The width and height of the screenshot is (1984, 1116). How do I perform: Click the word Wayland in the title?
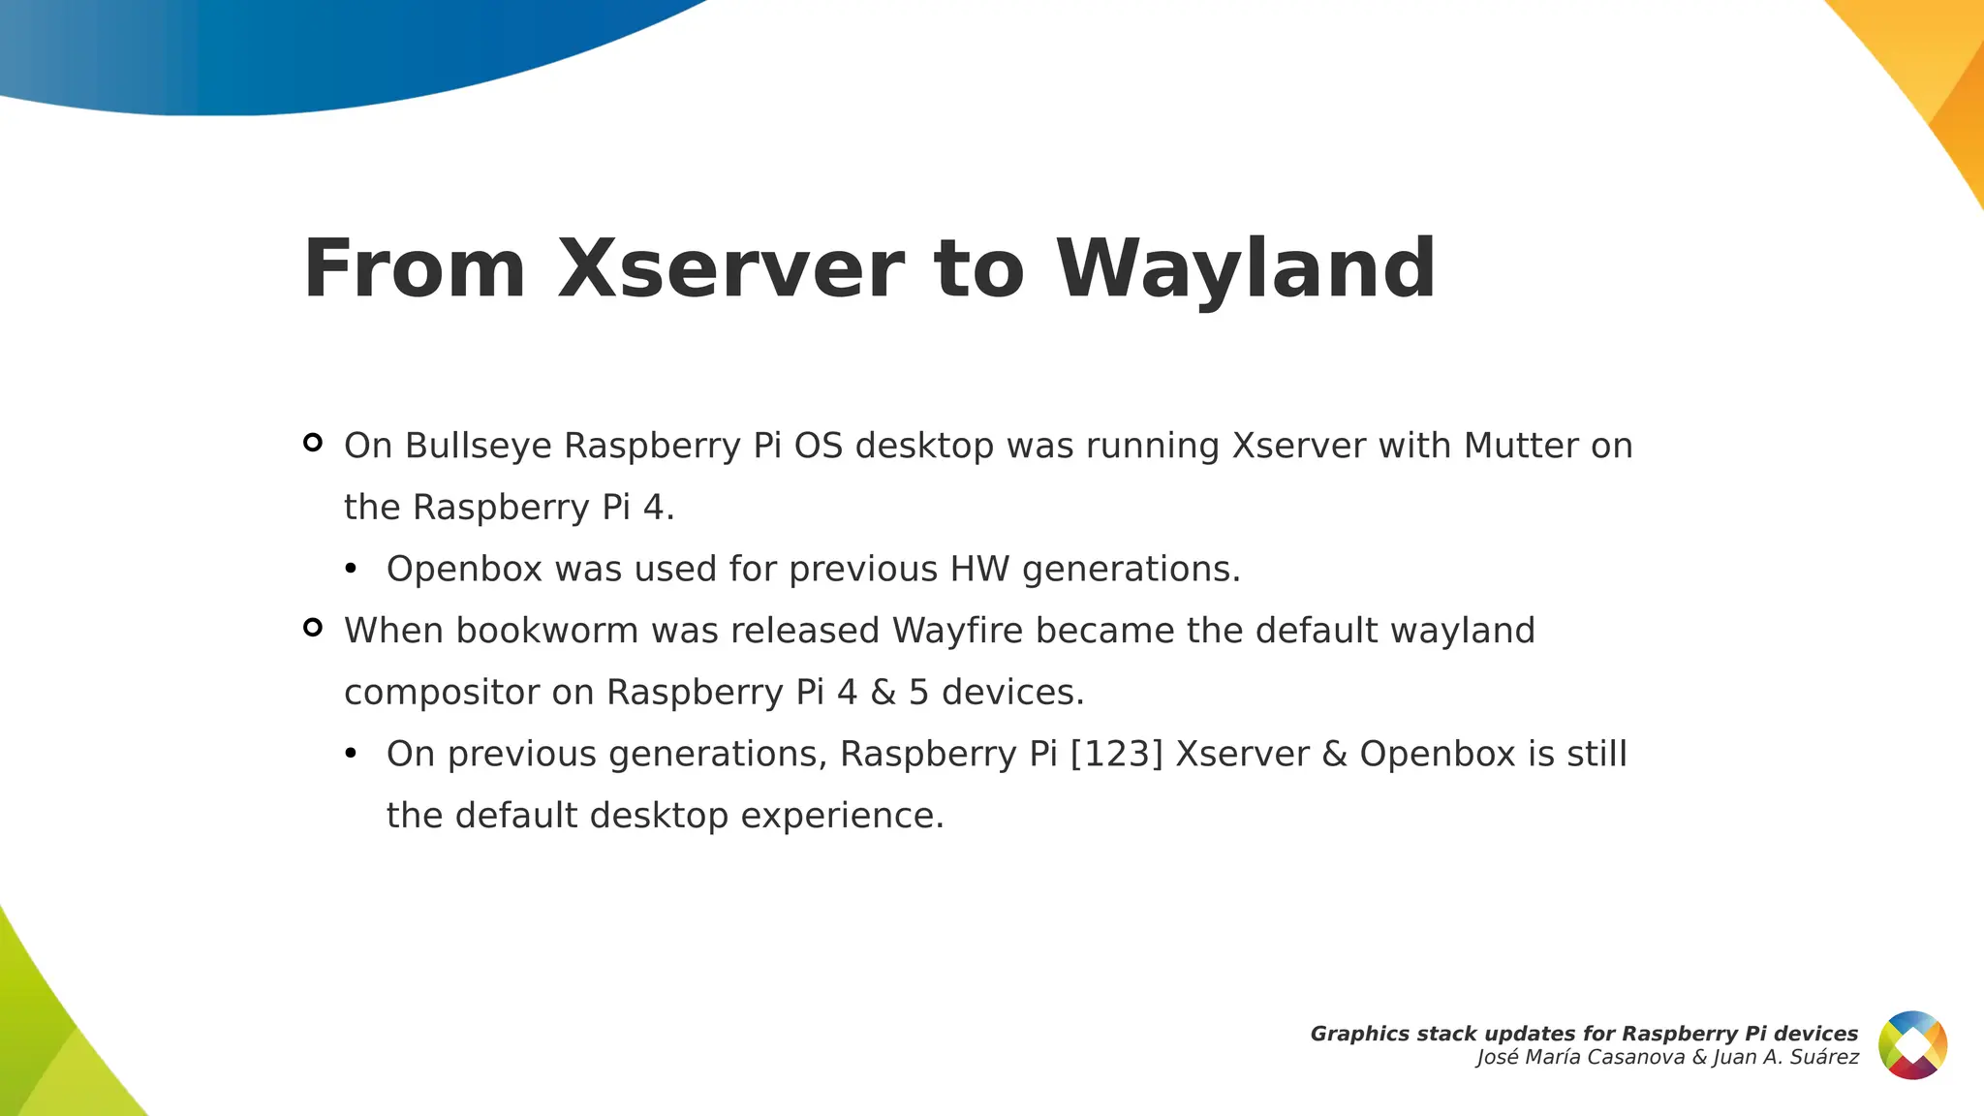point(1245,269)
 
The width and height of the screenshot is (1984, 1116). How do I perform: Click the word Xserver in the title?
point(730,269)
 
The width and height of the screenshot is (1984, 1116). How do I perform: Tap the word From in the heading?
point(415,269)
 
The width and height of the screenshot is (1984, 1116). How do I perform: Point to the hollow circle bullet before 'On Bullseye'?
point(312,443)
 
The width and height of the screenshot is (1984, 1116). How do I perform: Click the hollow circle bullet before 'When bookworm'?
point(312,628)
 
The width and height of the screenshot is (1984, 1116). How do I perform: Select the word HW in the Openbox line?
point(979,569)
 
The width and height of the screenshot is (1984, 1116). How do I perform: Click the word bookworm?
point(546,631)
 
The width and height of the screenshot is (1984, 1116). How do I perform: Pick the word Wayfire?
point(956,631)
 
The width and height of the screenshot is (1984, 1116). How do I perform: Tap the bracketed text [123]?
point(1116,755)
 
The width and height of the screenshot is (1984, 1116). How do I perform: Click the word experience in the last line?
point(842,816)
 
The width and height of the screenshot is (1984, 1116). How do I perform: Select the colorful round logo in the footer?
point(1912,1045)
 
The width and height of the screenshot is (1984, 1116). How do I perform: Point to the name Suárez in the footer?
point(1824,1058)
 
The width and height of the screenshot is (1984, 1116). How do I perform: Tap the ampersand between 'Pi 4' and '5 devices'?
point(883,693)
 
